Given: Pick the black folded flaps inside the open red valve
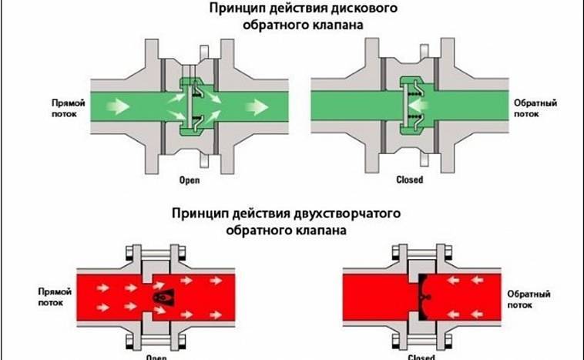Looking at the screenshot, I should pos(161,296).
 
